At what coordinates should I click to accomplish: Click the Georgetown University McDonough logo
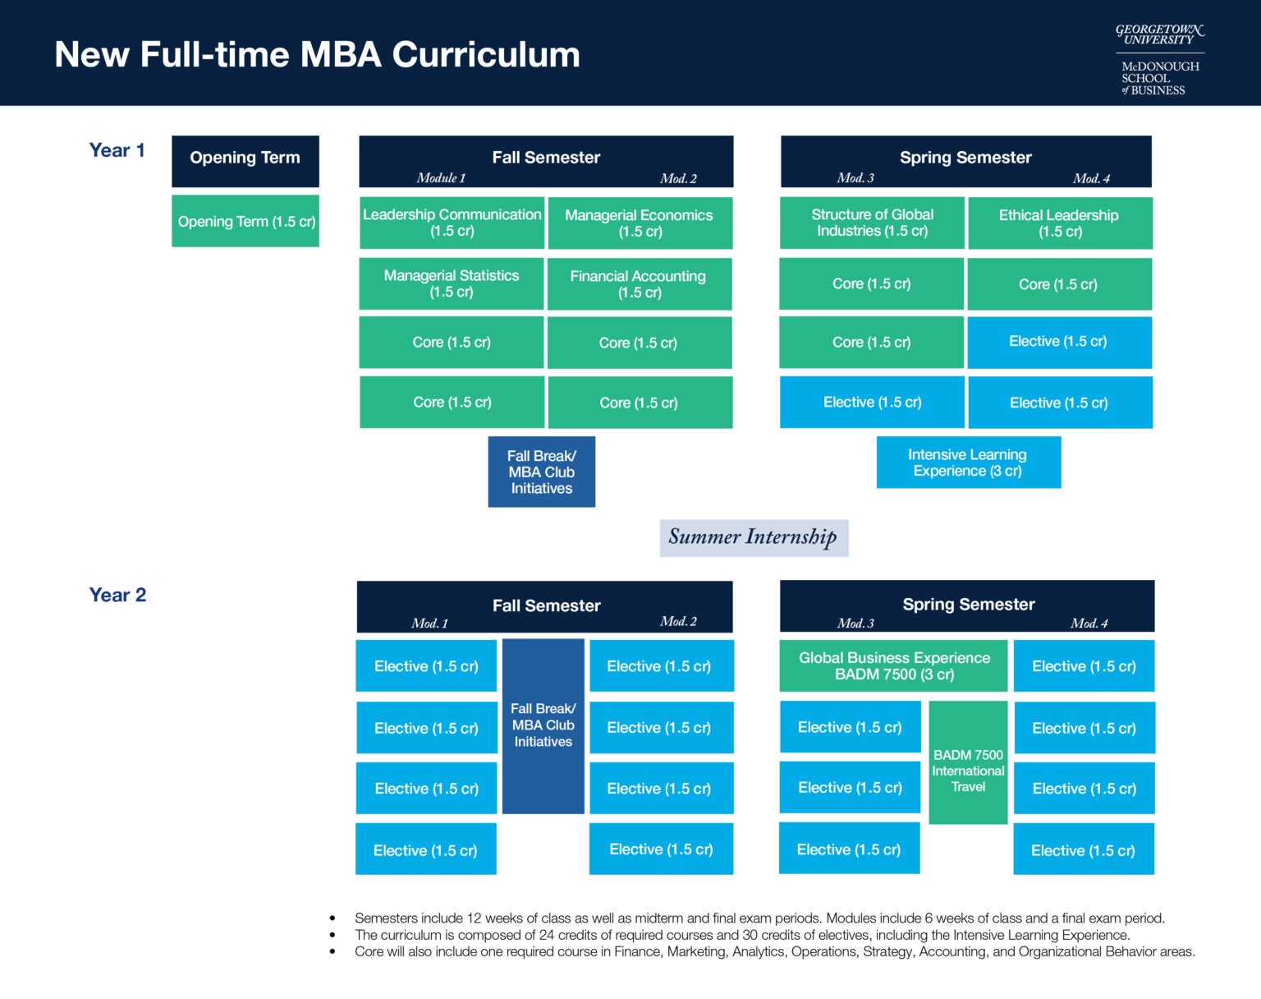(x=1159, y=59)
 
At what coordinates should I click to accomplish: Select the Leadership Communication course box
(x=452, y=223)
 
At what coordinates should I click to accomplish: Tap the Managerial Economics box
(x=640, y=223)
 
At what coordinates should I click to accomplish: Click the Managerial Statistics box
(x=452, y=283)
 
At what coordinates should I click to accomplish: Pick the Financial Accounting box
(x=639, y=284)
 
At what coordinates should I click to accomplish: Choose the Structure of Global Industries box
(x=872, y=223)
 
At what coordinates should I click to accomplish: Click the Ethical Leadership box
(x=1059, y=223)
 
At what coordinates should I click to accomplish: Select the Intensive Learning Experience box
(x=968, y=463)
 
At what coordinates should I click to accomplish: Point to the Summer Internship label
(x=753, y=537)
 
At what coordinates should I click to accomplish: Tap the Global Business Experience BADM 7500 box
(x=893, y=666)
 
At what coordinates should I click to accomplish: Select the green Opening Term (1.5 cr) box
(x=245, y=222)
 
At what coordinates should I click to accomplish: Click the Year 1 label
(x=117, y=150)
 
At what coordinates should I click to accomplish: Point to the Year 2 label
(x=117, y=595)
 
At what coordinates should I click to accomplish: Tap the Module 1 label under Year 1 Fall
(x=441, y=178)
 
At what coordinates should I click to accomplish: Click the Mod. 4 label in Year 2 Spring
(x=1089, y=624)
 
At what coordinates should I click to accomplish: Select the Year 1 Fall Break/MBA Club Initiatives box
(x=541, y=472)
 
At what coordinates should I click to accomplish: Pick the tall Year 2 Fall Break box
(x=543, y=725)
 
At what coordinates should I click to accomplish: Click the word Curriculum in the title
(x=485, y=55)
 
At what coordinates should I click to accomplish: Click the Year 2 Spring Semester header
(x=968, y=604)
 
